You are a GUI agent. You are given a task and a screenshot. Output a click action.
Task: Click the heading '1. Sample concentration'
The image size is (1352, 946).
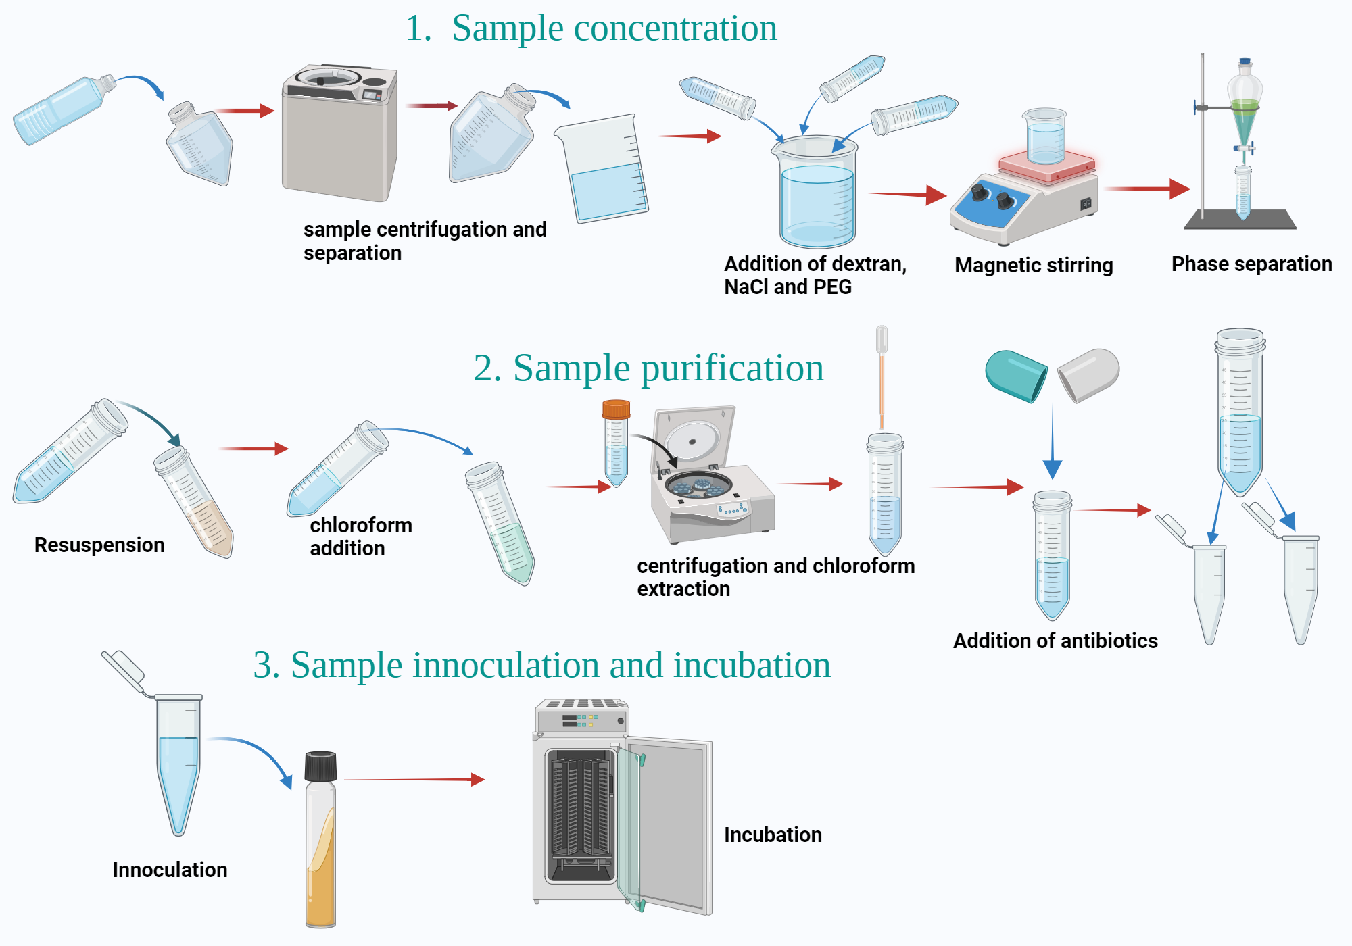(591, 28)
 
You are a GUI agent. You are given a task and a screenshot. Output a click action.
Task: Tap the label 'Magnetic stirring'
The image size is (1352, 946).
(1033, 265)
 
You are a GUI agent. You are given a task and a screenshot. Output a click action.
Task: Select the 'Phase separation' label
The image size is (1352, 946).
(1251, 264)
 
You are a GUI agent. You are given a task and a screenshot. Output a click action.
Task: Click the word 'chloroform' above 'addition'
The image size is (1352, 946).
(360, 525)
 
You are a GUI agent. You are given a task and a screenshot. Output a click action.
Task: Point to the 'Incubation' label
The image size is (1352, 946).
(772, 835)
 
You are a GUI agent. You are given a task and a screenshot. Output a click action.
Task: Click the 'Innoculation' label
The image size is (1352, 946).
(170, 870)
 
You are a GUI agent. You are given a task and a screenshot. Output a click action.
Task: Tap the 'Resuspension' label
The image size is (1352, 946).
(99, 545)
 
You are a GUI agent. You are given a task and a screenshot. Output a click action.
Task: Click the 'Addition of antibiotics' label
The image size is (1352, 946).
(1055, 641)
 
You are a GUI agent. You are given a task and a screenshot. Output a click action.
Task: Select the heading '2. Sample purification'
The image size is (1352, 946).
(648, 368)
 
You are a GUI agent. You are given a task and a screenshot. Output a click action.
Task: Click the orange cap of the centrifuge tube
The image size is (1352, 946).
(616, 409)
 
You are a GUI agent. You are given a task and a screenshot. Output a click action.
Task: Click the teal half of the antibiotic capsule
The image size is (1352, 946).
(1015, 375)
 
